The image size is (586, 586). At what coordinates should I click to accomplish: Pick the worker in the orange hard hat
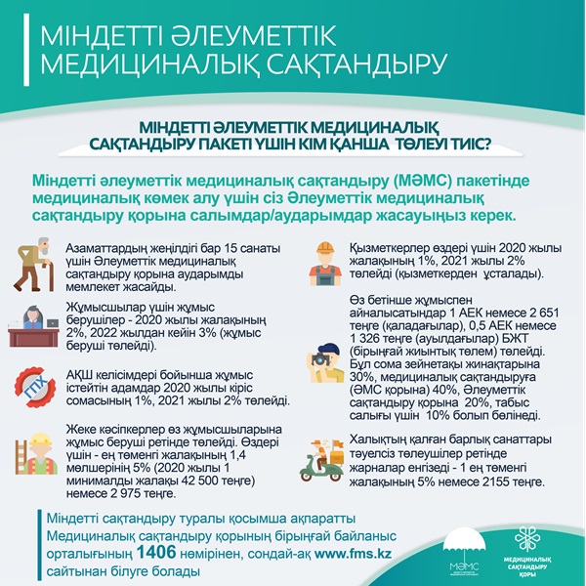pos(325,261)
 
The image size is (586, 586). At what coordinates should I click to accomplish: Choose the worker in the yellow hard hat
pos(35,453)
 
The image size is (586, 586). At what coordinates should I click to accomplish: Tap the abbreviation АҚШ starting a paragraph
pos(81,374)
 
